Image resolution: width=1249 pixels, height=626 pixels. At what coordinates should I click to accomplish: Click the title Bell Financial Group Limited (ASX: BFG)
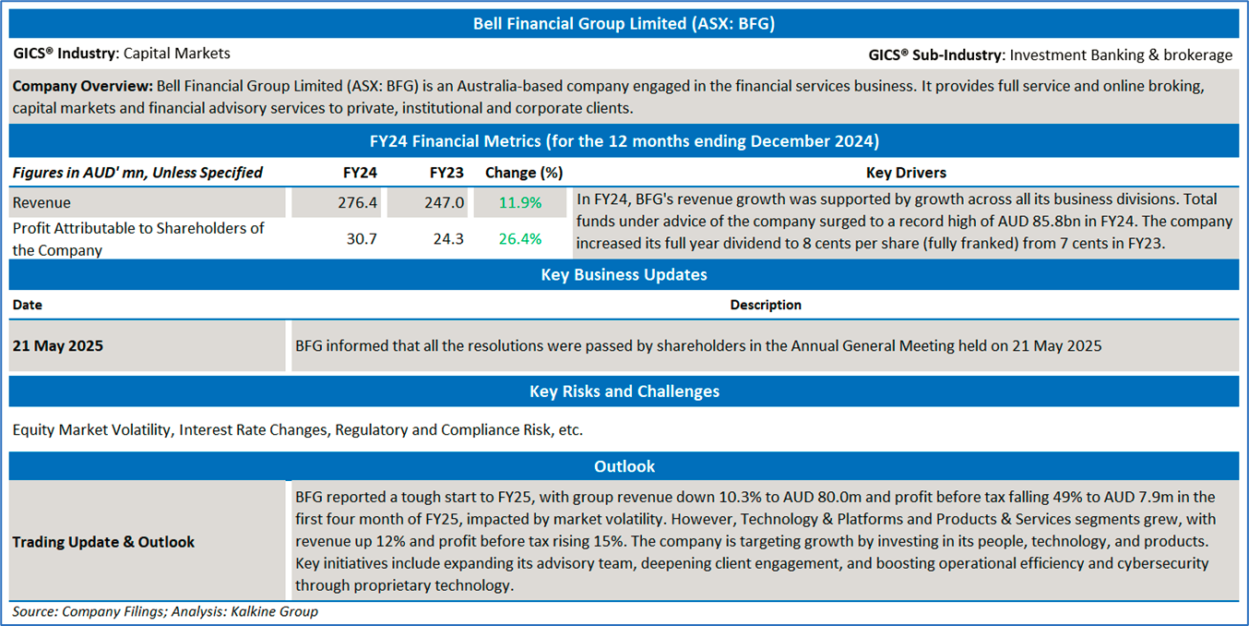(x=624, y=24)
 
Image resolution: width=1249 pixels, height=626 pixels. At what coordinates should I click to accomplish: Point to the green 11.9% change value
(x=520, y=203)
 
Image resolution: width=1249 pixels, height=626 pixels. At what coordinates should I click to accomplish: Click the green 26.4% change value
(x=520, y=239)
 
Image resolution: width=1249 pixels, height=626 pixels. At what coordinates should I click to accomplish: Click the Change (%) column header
(x=524, y=173)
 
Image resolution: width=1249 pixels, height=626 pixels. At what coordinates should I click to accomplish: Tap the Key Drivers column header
(x=906, y=173)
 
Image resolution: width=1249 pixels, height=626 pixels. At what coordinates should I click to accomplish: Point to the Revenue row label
(x=42, y=203)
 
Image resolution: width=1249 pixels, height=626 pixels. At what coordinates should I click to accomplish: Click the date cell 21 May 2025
(x=57, y=346)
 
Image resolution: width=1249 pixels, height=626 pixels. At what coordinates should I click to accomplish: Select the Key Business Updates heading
(x=624, y=274)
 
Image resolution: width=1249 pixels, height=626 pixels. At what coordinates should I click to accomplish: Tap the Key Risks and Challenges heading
(x=624, y=391)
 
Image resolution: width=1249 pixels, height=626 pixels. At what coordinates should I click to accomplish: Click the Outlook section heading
(x=624, y=466)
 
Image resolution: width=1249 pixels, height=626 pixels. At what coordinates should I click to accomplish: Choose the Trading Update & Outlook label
(x=103, y=542)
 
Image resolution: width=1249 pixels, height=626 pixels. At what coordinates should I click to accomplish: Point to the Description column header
(x=766, y=305)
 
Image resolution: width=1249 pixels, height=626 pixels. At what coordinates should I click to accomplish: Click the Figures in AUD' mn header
(x=137, y=173)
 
